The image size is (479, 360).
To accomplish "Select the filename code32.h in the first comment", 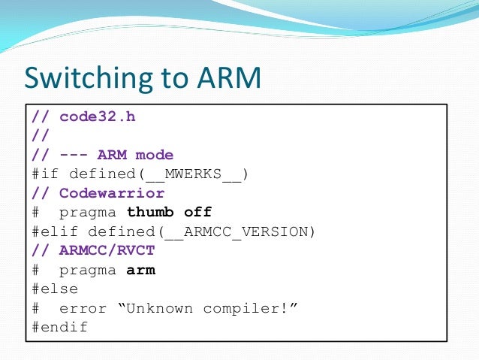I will pyautogui.click(x=98, y=117).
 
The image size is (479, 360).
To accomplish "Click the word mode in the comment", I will pyautogui.click(x=154, y=156).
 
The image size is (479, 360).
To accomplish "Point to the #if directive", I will pyautogui.click(x=45, y=174).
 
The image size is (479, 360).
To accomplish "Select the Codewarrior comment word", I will pyautogui.click(x=112, y=193).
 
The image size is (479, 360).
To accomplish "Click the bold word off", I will pyautogui.click(x=198, y=213).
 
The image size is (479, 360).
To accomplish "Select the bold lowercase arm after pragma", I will pyautogui.click(x=140, y=270).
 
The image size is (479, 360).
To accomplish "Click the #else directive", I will pyautogui.click(x=55, y=289).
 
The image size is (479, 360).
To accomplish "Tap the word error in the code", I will pyautogui.click(x=83, y=308).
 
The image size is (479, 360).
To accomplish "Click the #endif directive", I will pyautogui.click(x=59, y=328).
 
